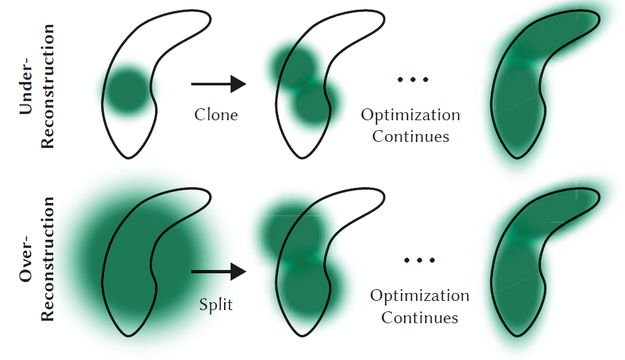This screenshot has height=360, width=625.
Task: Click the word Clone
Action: pyautogui.click(x=216, y=114)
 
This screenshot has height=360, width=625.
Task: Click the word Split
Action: pyautogui.click(x=216, y=305)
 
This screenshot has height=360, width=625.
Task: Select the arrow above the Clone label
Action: pyautogui.click(x=218, y=83)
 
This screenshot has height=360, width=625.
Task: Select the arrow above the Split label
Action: pyautogui.click(x=218, y=271)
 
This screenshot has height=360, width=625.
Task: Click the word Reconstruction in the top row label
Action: pyautogui.click(x=48, y=85)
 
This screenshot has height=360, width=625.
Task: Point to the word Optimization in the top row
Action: pyautogui.click(x=411, y=116)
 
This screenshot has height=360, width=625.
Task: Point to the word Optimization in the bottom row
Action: pyautogui.click(x=419, y=296)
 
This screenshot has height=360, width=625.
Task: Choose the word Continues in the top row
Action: pyautogui.click(x=411, y=137)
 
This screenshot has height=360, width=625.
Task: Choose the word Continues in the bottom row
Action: pyautogui.click(x=419, y=318)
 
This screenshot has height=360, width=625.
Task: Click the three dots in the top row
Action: pyautogui.click(x=413, y=79)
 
